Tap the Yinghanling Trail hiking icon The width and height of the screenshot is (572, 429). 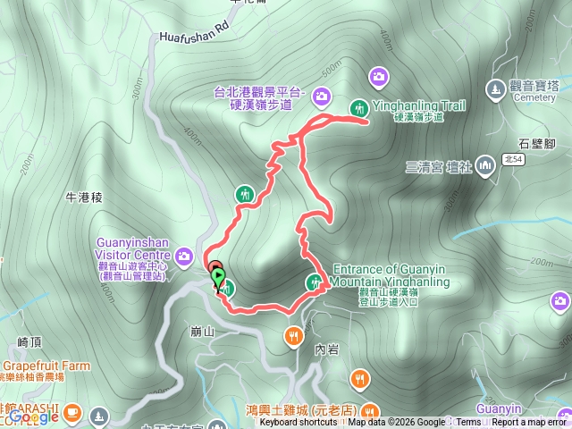[358, 107]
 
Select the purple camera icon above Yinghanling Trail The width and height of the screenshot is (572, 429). [379, 76]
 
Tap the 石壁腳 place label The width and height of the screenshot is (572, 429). [537, 143]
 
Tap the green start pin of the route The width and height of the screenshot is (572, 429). [217, 278]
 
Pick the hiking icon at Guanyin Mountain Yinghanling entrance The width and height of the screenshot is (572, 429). [315, 282]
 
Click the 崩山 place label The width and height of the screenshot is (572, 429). [203, 331]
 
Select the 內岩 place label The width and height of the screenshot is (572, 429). [326, 349]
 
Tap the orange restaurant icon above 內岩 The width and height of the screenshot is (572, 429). [292, 336]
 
